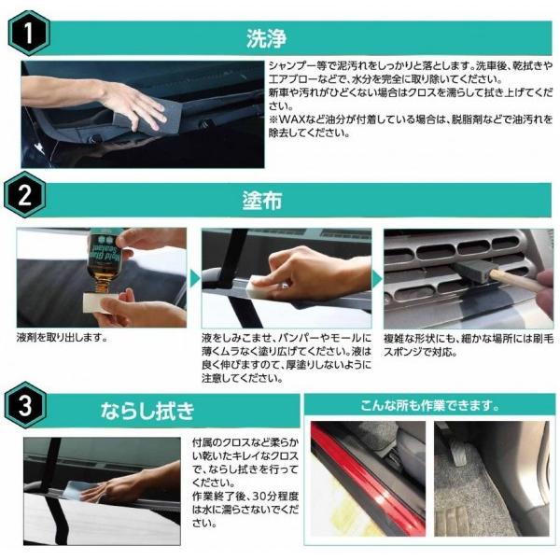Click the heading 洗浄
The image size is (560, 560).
point(265,38)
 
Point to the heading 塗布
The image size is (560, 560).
point(265,201)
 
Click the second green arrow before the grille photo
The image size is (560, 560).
point(376,279)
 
